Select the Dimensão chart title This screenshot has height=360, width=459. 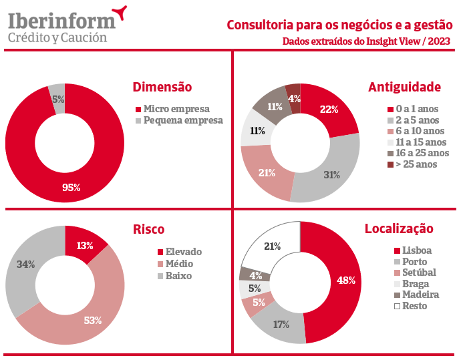click(x=162, y=87)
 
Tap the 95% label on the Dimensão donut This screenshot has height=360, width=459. click(x=71, y=188)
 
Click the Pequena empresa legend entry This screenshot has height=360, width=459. click(x=179, y=121)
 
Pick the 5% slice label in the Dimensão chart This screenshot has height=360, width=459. click(x=58, y=99)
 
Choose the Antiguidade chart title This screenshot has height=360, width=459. click(x=404, y=87)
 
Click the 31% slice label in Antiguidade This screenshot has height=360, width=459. click(x=331, y=175)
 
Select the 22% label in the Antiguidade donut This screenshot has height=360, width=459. click(x=329, y=110)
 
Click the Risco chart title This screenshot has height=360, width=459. click(x=149, y=229)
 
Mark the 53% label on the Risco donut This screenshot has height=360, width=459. click(x=93, y=320)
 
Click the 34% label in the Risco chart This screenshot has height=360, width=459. click(x=26, y=264)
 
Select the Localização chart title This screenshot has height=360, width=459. click(x=399, y=229)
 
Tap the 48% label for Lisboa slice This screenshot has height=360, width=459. click(x=346, y=281)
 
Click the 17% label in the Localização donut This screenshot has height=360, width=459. click(x=281, y=325)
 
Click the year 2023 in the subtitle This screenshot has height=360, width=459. click(x=438, y=41)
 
